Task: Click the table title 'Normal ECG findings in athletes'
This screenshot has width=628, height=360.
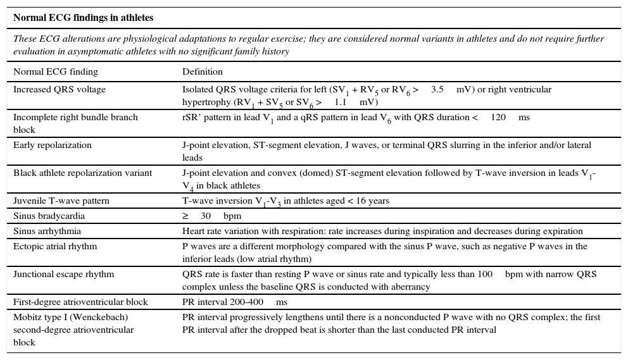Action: point(84,18)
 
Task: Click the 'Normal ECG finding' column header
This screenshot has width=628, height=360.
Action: point(56,71)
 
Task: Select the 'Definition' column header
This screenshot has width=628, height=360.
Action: point(203,71)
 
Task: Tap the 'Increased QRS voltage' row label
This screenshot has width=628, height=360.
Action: point(60,89)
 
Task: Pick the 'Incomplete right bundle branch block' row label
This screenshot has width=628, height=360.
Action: point(75,123)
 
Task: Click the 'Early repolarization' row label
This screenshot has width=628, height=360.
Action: point(53,145)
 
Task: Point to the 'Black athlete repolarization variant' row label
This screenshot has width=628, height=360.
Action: point(83,173)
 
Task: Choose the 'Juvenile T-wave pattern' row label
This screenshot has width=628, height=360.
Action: point(61,201)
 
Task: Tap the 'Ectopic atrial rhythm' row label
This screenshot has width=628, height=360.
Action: point(55,246)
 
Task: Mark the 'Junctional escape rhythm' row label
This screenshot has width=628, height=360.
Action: point(64,274)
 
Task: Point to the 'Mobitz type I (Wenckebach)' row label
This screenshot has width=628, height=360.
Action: point(70,317)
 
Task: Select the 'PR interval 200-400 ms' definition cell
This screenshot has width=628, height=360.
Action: point(235,302)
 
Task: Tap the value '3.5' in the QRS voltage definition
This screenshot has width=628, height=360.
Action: point(437,89)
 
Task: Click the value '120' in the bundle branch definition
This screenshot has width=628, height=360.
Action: point(498,117)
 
